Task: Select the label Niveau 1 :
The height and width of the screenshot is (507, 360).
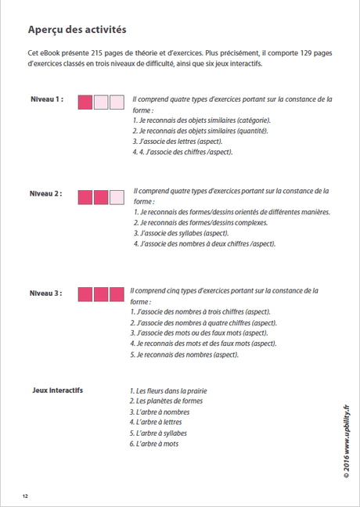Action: point(46,100)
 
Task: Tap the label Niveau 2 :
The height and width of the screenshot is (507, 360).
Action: point(46,192)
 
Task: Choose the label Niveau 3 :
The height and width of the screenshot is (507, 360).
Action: point(46,293)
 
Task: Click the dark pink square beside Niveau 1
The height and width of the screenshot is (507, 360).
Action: point(85,102)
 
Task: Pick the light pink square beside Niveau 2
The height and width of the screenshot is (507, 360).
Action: point(117,196)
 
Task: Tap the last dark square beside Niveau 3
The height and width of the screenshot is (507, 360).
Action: point(117,294)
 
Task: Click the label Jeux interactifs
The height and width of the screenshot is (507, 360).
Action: point(58,390)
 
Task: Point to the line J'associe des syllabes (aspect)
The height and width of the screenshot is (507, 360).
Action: point(181,233)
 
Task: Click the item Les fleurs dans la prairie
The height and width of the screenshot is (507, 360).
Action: point(168,390)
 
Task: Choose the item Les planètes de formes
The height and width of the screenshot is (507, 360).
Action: point(166,401)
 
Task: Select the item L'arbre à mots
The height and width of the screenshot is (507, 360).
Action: point(154,444)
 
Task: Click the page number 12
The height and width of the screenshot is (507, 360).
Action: point(26,495)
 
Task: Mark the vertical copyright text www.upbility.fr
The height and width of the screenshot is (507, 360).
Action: point(345,439)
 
